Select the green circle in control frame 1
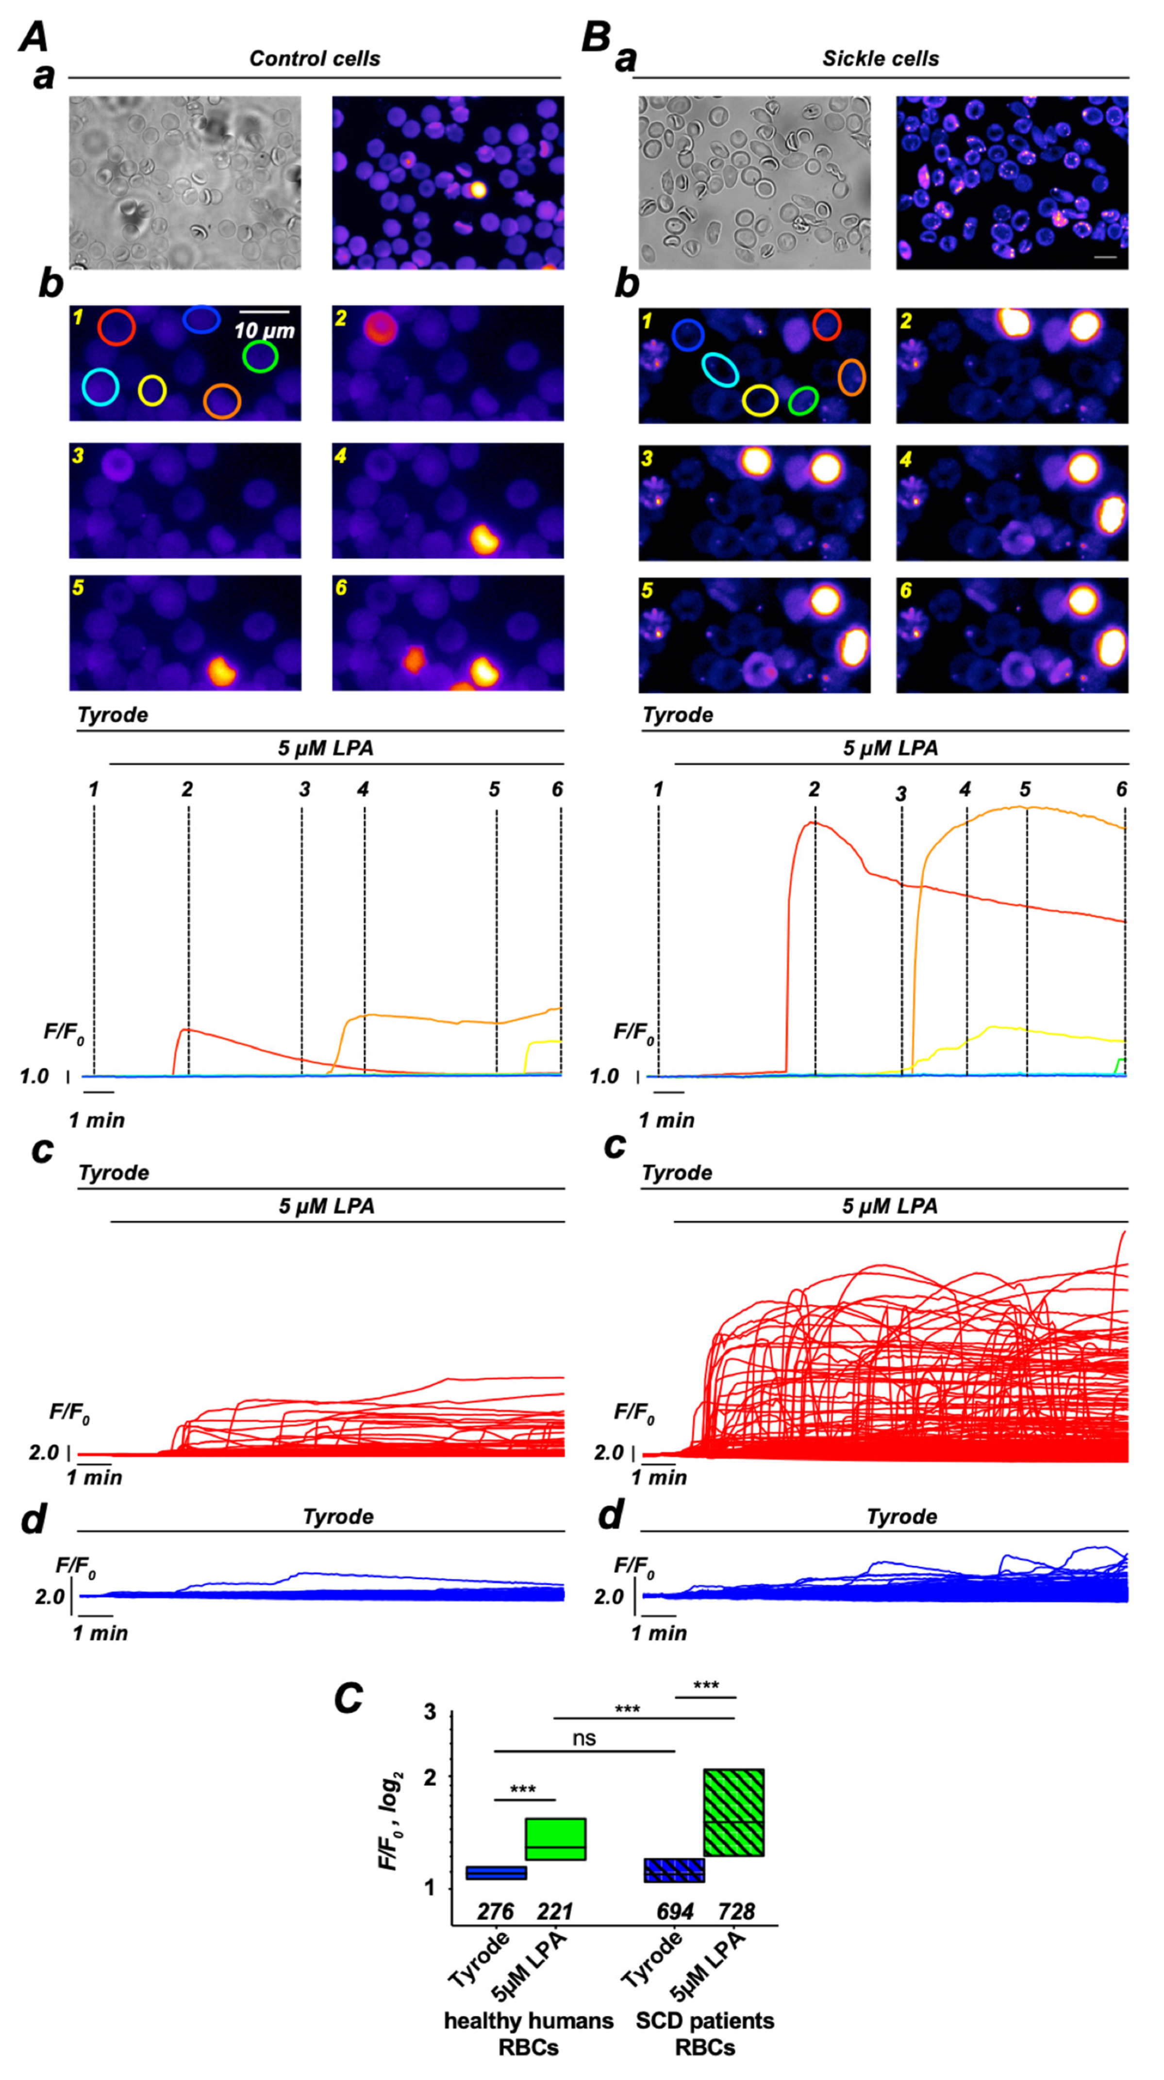click(260, 356)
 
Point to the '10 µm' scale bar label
click(264, 330)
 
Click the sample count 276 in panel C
click(495, 1911)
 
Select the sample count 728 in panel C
click(736, 1911)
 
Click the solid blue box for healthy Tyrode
click(497, 1872)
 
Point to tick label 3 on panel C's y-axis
click(430, 1712)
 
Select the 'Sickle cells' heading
click(881, 59)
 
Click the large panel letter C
click(348, 1698)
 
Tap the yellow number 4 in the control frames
click(341, 456)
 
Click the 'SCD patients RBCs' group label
click(705, 2033)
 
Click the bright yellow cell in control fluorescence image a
click(477, 190)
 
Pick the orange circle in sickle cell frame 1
click(851, 377)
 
